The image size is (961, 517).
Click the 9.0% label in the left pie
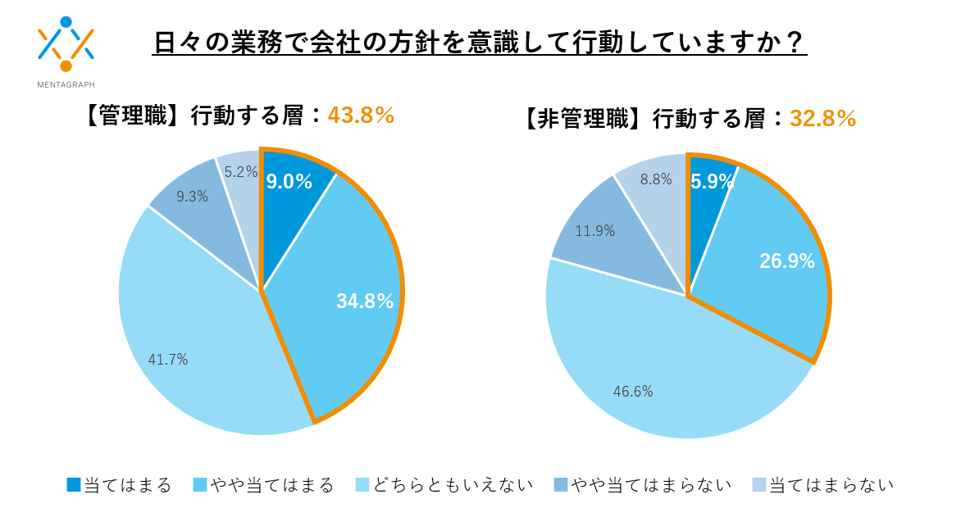(289, 182)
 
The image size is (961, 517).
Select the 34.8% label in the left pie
(365, 301)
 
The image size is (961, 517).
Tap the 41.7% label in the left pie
(168, 359)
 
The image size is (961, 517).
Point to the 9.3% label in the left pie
(192, 197)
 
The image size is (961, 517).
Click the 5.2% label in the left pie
(241, 172)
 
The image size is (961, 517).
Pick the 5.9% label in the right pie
(712, 182)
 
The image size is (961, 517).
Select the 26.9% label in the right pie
(787, 261)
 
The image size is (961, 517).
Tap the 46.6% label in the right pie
(633, 392)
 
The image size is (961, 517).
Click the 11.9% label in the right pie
(594, 231)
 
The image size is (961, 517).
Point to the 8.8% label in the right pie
(656, 179)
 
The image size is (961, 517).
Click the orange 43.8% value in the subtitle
(361, 116)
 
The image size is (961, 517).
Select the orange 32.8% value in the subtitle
(822, 119)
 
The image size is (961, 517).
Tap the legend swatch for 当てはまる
(74, 485)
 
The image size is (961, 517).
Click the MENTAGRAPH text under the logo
(66, 84)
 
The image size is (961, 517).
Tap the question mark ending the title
(793, 42)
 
